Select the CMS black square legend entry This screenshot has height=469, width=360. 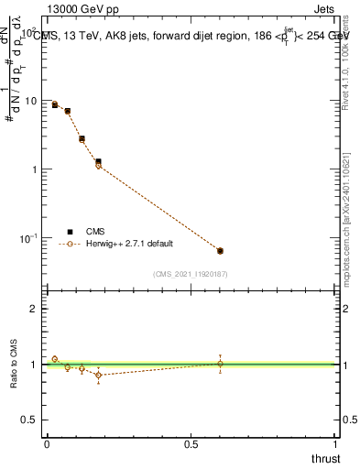(x=70, y=232)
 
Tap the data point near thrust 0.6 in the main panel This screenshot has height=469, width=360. (x=220, y=250)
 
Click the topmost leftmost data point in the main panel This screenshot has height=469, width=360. (x=55, y=104)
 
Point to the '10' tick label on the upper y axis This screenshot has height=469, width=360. (x=33, y=101)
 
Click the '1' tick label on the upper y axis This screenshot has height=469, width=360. (x=36, y=169)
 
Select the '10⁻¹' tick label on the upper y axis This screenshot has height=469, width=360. (x=30, y=237)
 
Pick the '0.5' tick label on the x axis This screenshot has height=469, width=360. (x=191, y=444)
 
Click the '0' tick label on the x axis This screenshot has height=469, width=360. (x=47, y=444)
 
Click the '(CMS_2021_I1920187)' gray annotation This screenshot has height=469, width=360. (x=191, y=274)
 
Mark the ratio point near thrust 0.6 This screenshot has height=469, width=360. (x=220, y=364)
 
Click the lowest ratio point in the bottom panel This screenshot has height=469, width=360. (x=98, y=375)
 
